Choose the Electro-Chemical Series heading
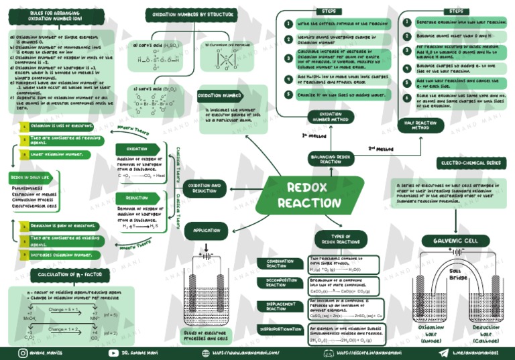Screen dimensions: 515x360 pyautogui.click(x=470, y=163)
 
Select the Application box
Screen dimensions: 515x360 pyautogui.click(x=207, y=231)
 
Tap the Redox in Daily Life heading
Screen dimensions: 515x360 pyautogui.click(x=30, y=178)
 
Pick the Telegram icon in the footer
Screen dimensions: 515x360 pyautogui.click(x=443, y=352)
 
